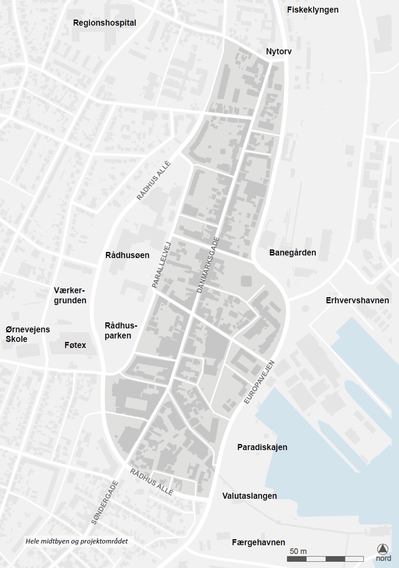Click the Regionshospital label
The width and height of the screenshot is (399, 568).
pyautogui.click(x=105, y=23)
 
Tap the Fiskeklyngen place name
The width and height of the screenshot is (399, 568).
pyautogui.click(x=312, y=10)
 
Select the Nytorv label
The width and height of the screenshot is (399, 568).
pyautogui.click(x=279, y=51)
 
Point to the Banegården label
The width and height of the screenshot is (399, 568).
pyautogui.click(x=293, y=253)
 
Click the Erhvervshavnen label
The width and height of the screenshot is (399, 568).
pyautogui.click(x=357, y=300)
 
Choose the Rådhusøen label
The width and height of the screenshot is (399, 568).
pyautogui.click(x=127, y=255)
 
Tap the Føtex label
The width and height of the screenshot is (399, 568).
pyautogui.click(x=75, y=345)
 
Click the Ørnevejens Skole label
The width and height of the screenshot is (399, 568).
pyautogui.click(x=28, y=334)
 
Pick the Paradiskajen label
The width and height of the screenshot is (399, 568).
pyautogui.click(x=262, y=447)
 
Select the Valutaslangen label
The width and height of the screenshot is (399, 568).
pyautogui.click(x=250, y=496)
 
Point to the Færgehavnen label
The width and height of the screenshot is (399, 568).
pyautogui.click(x=259, y=542)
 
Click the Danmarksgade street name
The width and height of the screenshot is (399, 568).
pyautogui.click(x=208, y=265)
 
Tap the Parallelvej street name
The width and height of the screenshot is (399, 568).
pyautogui.click(x=162, y=265)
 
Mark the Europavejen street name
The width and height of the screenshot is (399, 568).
pyautogui.click(x=259, y=382)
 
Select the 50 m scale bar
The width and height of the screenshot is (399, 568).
pyautogui.click(x=325, y=559)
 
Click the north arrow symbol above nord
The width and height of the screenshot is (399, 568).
pyautogui.click(x=383, y=549)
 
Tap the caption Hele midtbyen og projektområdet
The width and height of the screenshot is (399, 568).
pyautogui.click(x=77, y=541)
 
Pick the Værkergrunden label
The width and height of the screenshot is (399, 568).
pyautogui.click(x=70, y=295)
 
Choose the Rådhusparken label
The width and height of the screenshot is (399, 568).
pyautogui.click(x=121, y=331)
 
